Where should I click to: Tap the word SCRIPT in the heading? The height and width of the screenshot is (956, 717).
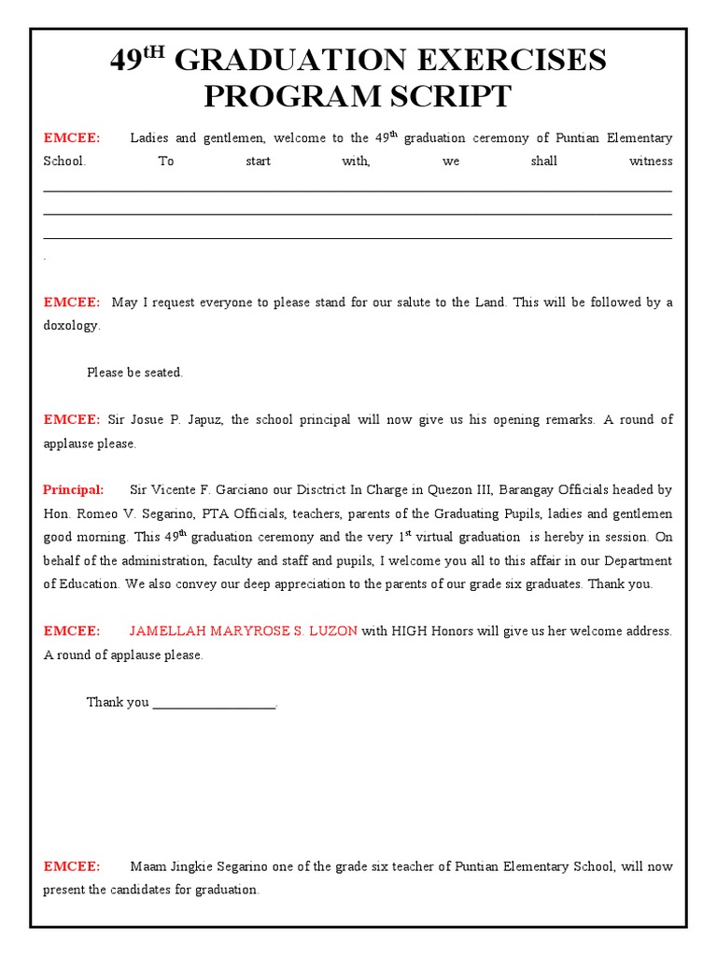click(448, 96)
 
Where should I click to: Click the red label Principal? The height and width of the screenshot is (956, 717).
click(74, 490)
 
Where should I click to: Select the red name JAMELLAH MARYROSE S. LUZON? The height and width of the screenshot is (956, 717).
click(243, 631)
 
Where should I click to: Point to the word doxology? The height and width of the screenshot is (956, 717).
click(71, 326)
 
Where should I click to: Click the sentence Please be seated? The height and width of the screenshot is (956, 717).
click(134, 373)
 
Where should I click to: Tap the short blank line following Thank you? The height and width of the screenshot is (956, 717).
click(214, 703)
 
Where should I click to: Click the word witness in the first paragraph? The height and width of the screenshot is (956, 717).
click(651, 162)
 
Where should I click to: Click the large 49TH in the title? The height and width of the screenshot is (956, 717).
click(137, 61)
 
